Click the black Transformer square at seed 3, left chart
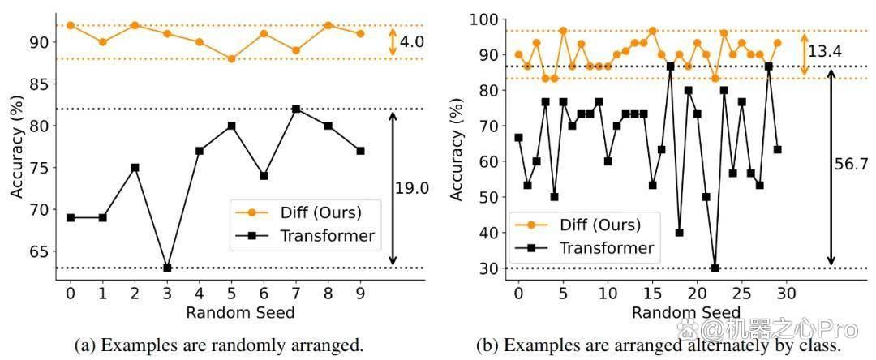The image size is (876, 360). (x=167, y=268)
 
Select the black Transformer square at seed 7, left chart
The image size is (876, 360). (x=296, y=109)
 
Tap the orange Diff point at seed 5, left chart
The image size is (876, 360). (x=231, y=58)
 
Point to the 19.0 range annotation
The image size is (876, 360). (x=412, y=189)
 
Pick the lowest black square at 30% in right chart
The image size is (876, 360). (x=715, y=268)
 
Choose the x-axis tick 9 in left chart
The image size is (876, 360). (x=360, y=293)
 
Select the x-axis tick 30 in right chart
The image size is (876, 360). (x=786, y=294)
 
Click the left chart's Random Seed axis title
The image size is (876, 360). (x=240, y=312)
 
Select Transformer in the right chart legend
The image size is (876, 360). (x=607, y=246)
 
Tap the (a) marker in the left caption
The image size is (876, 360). (x=84, y=345)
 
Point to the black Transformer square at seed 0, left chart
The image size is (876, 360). (x=71, y=217)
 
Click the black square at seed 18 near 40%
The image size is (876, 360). (x=680, y=232)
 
